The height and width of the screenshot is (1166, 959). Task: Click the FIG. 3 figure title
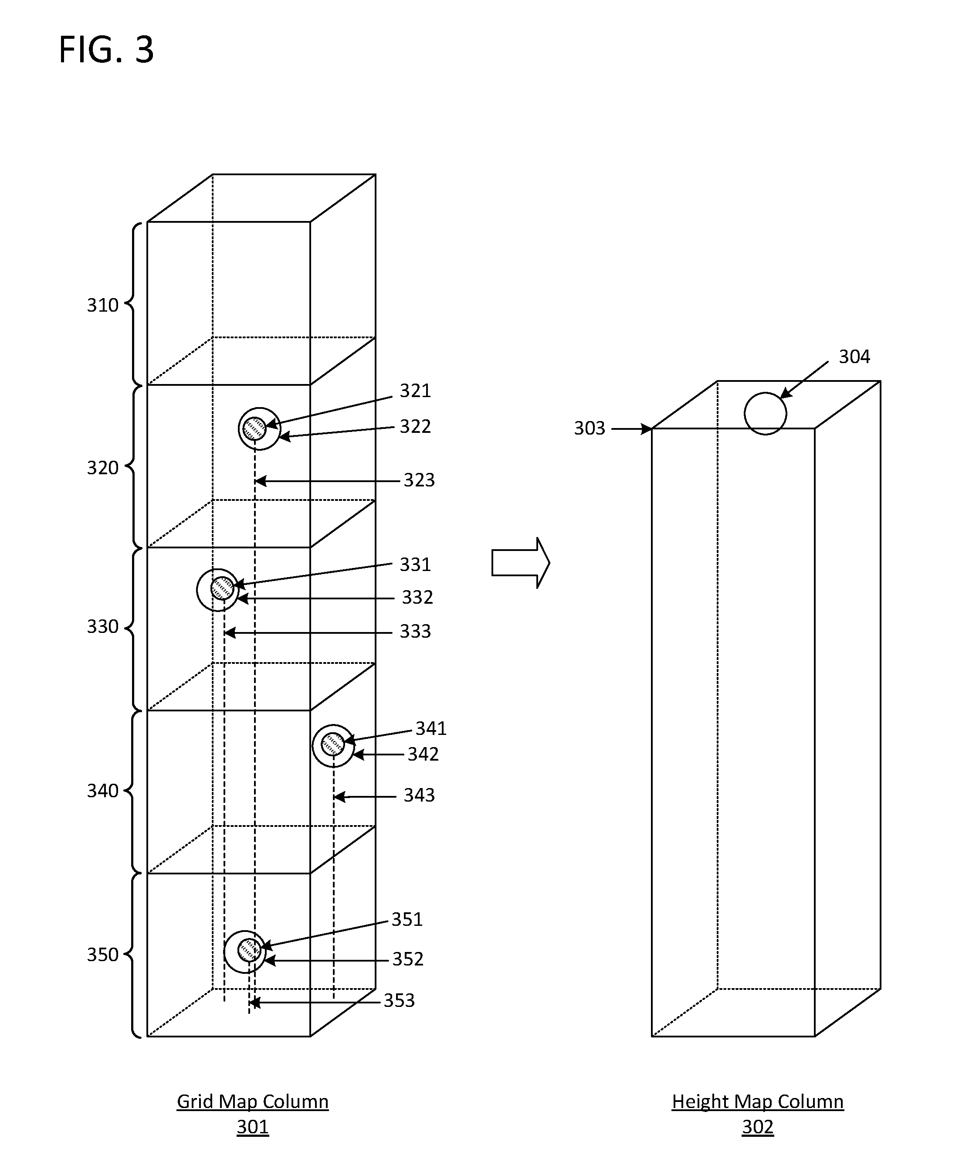[106, 50]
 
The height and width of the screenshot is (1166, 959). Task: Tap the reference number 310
[103, 306]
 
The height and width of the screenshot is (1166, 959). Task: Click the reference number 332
[417, 597]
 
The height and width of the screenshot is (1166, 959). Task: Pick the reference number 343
[419, 795]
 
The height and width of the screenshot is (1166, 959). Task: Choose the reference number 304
[854, 357]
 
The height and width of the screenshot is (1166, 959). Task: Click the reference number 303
[590, 428]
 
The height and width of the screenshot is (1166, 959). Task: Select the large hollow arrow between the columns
[520, 563]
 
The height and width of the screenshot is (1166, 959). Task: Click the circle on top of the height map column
[765, 413]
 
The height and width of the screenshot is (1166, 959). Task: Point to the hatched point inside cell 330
[223, 588]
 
